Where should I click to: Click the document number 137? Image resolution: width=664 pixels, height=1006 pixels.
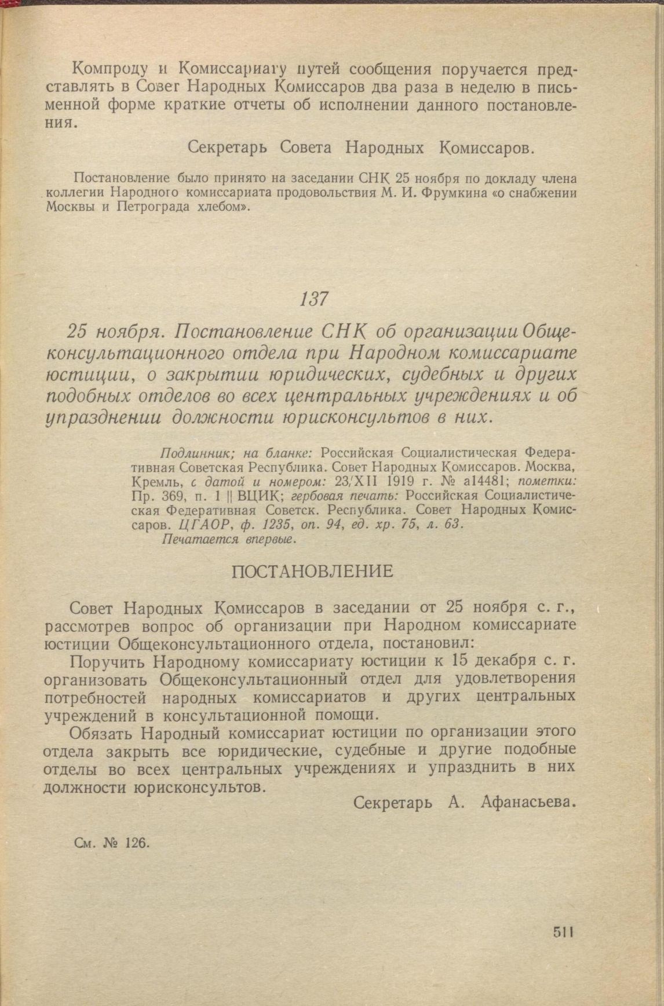pos(315,299)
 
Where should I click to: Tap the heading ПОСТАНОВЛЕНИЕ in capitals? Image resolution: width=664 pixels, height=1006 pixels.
pos(312,572)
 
